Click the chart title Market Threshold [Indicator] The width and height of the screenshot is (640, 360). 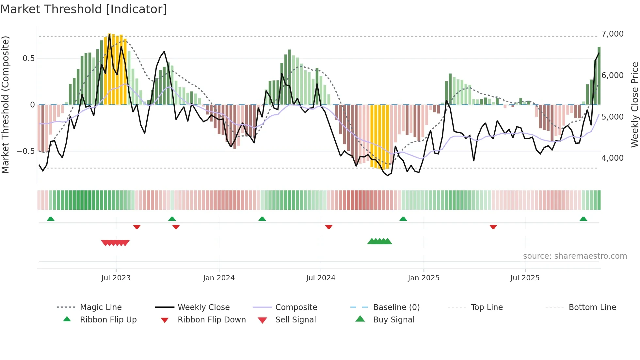click(84, 9)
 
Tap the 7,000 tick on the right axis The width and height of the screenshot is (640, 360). click(612, 34)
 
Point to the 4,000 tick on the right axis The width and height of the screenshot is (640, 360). click(612, 158)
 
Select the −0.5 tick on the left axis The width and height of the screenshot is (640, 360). click(25, 151)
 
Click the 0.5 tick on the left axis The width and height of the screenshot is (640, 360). click(28, 58)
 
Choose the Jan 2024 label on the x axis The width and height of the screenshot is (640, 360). click(219, 278)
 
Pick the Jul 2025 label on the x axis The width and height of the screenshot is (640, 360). click(525, 278)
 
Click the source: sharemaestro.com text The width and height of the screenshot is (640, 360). click(575, 256)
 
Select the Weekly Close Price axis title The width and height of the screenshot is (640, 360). click(634, 105)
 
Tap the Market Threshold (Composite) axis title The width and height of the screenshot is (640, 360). click(5, 105)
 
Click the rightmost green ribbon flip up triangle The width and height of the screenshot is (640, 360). click(583, 219)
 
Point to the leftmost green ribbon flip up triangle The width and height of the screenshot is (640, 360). click(51, 219)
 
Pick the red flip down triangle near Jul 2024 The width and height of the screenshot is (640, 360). click(328, 227)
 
